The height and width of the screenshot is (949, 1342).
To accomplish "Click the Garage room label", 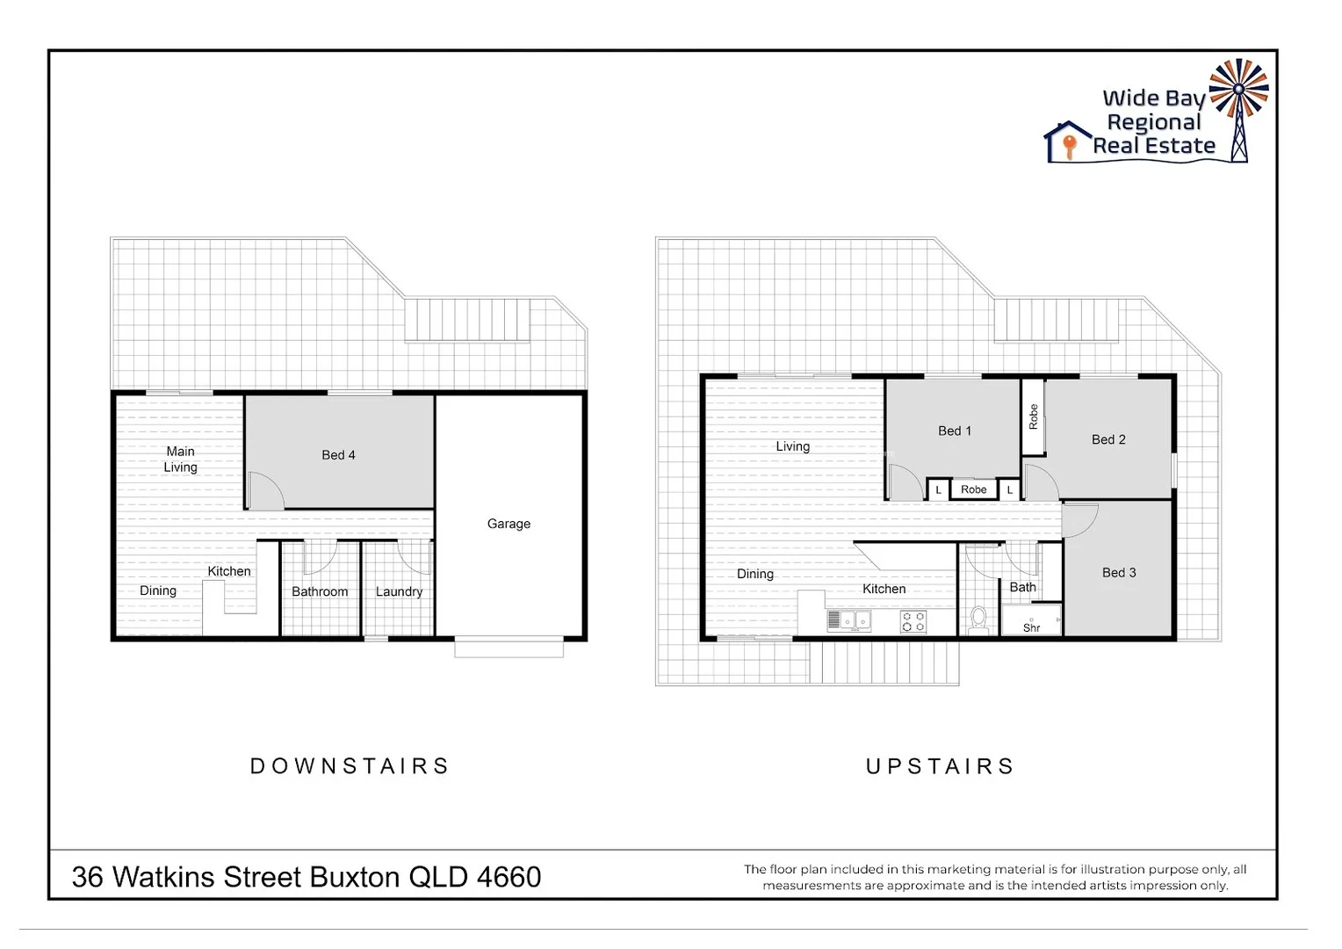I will tap(509, 524).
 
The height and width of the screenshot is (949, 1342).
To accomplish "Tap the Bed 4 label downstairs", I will tap(338, 455).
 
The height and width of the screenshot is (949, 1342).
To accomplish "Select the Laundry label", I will tap(399, 591).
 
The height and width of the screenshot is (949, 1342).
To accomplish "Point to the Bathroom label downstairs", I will tap(320, 591).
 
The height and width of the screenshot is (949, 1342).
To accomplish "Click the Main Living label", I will tap(180, 459).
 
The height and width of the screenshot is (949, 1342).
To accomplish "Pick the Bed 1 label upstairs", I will tap(955, 431).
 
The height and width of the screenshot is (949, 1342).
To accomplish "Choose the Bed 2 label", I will tap(1108, 439).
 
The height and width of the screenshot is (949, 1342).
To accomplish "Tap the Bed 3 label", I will tap(1119, 572).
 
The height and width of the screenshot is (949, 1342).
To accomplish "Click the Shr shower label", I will tap(1032, 627).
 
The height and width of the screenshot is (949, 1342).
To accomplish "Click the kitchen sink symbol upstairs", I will tap(848, 620).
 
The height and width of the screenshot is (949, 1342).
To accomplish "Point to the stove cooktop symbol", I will tap(913, 621).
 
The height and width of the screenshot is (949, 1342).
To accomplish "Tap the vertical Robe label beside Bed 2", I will tap(1033, 417).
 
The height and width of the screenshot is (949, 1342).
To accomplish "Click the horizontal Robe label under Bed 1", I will tap(973, 489).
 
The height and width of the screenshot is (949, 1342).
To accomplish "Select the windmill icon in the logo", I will tap(1238, 97).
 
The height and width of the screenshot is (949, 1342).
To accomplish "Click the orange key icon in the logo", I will tap(1069, 146).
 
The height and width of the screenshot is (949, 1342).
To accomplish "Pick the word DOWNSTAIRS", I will tap(350, 766).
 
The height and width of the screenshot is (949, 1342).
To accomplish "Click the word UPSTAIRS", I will tap(940, 766).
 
